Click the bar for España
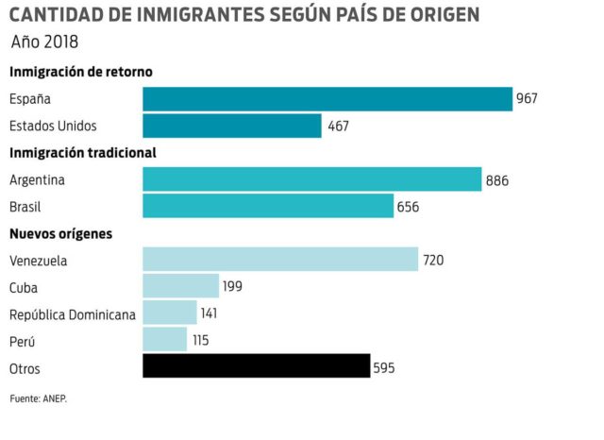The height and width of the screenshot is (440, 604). [327, 99]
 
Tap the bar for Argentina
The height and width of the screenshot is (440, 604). [311, 179]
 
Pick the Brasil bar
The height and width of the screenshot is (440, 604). [268, 206]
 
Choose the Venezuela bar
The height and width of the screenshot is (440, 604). [280, 260]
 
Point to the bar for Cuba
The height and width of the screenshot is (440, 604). [180, 286]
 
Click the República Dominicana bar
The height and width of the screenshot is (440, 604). [170, 313]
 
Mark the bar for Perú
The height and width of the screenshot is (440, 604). [165, 339]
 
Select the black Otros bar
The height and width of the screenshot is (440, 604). [256, 366]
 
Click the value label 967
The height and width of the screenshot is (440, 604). [527, 99]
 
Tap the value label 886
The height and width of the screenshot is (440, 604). [496, 179]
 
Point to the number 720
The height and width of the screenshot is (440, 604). [433, 260]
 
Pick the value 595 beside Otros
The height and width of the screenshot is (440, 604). [385, 366]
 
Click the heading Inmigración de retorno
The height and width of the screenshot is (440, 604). [81, 72]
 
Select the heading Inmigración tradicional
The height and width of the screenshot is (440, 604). [83, 152]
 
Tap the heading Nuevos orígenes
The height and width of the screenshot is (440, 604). [60, 233]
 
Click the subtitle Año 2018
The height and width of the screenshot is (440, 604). [44, 42]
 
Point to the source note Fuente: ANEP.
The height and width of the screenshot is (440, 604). [39, 398]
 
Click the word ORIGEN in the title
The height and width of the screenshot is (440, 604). [437, 15]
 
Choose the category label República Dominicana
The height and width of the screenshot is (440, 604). [73, 313]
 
